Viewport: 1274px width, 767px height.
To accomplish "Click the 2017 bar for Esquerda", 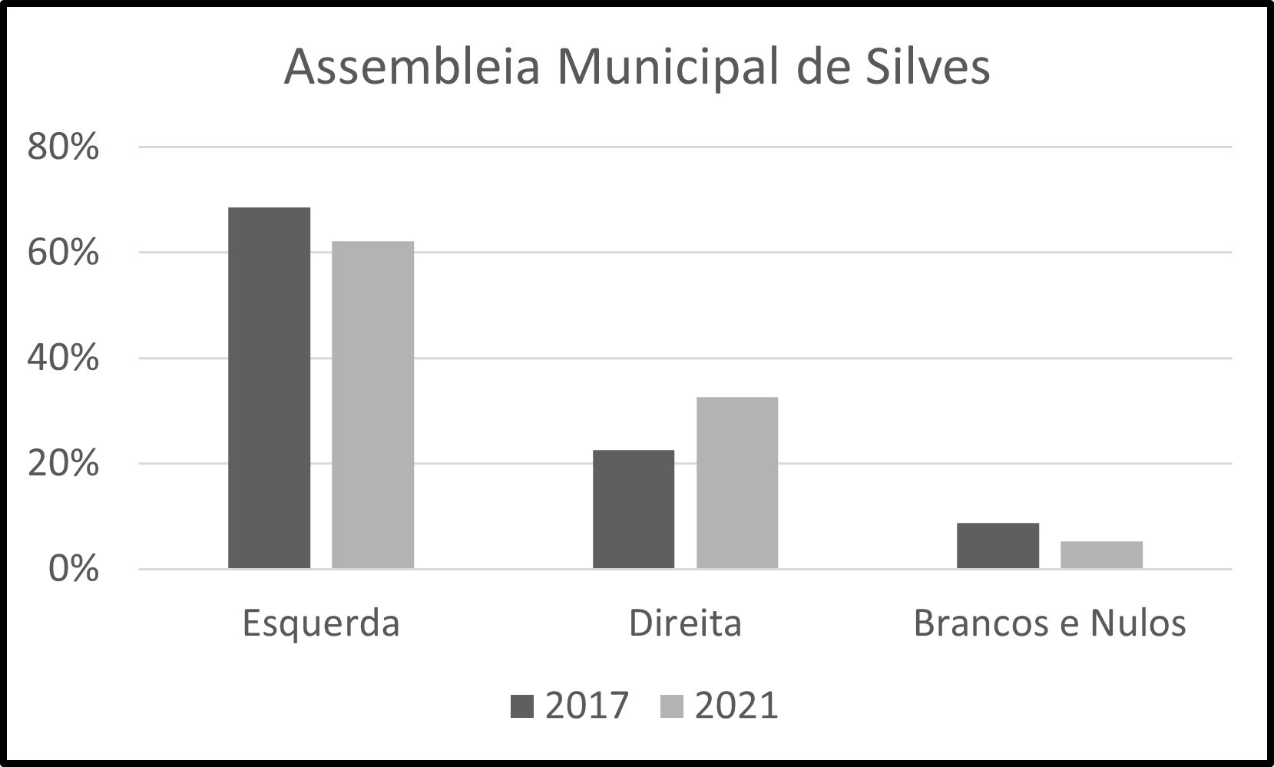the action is (269, 388).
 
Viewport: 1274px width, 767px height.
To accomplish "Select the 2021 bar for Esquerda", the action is (373, 405).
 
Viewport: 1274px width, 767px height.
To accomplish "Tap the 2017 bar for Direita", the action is (634, 509).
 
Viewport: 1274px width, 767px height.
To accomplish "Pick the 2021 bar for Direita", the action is (737, 483).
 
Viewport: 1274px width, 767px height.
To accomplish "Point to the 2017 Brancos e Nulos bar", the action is (998, 545).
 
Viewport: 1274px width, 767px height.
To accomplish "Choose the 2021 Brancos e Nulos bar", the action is (1102, 554).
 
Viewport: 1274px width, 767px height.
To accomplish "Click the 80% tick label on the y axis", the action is (63, 147).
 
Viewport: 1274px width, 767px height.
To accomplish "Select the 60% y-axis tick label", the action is (63, 253).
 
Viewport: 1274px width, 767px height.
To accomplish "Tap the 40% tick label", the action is (63, 359).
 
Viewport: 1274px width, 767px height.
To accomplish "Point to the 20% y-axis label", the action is (63, 464).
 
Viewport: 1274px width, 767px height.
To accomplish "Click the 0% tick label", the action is (74, 569).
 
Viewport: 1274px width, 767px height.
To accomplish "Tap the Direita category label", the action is (685, 623).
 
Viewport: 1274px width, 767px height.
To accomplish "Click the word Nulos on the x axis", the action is (1138, 623).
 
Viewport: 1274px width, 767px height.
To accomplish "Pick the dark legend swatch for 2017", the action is (522, 706).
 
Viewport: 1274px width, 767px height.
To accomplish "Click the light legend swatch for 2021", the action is (672, 706).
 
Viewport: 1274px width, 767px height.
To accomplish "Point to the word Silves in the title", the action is (928, 68).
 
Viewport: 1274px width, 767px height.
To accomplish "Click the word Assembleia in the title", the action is (412, 68).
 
